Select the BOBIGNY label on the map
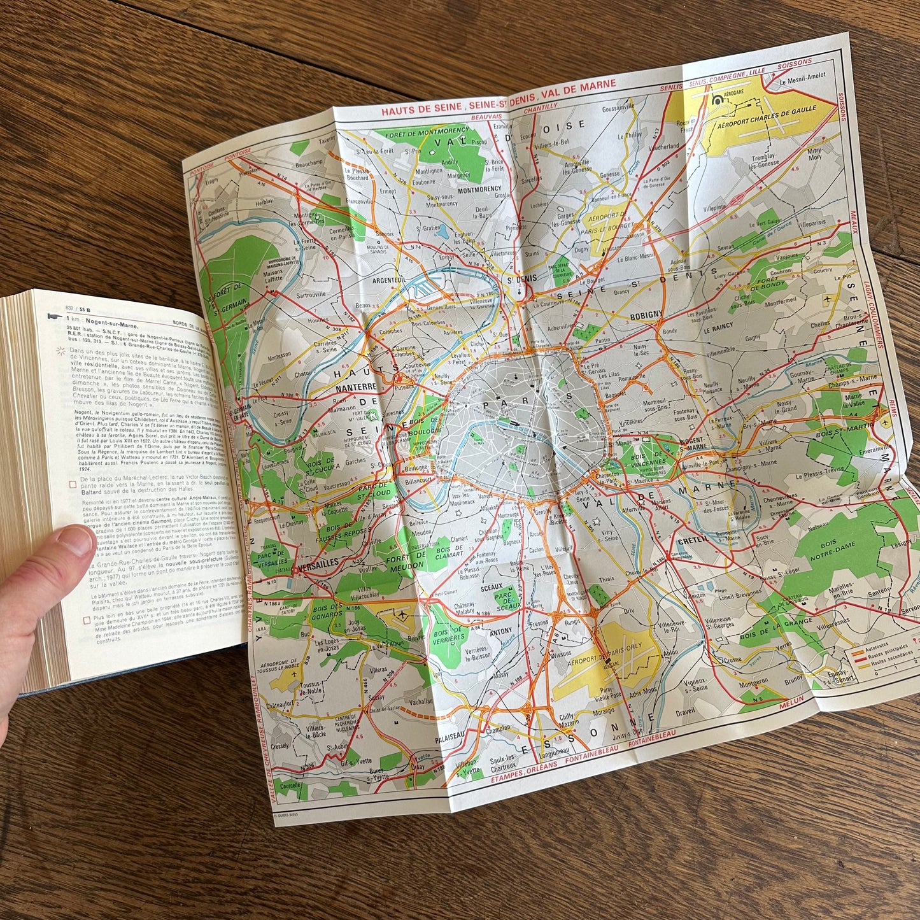pyautogui.click(x=646, y=315)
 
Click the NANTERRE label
pyautogui.click(x=357, y=386)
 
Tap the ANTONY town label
pyautogui.click(x=500, y=631)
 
